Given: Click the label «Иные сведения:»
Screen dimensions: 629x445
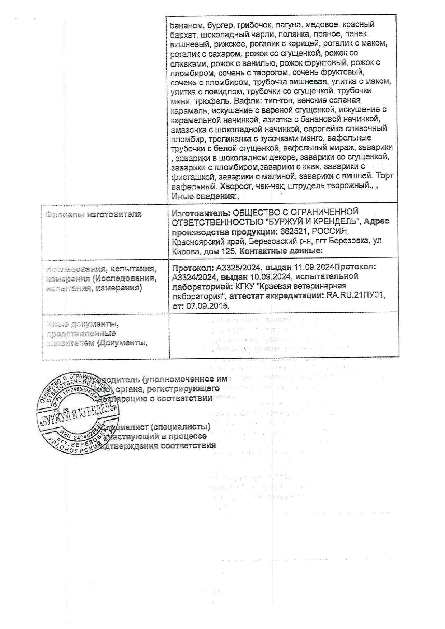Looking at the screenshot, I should point(204,196).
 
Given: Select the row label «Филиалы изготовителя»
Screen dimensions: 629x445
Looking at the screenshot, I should point(94,214).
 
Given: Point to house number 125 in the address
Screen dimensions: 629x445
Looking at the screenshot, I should point(228,251).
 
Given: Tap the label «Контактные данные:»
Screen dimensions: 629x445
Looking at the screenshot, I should point(281,251).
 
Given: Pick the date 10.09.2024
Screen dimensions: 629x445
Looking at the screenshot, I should point(272,277).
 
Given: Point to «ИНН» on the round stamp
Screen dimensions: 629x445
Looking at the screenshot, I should point(67,434).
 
